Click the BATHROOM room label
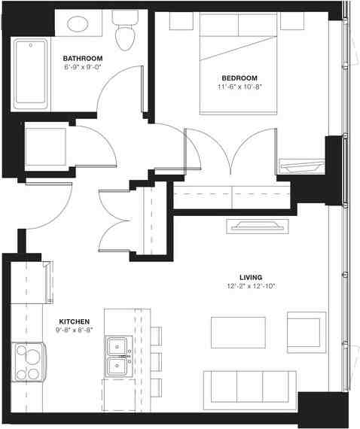point(83,58)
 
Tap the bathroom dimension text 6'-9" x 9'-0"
point(83,67)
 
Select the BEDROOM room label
point(239,78)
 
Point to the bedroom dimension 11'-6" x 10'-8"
point(239,87)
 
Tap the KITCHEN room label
point(75,320)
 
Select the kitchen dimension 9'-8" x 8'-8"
point(75,329)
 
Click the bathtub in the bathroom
point(29,75)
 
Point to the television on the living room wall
point(258,225)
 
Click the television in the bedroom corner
point(301,165)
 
